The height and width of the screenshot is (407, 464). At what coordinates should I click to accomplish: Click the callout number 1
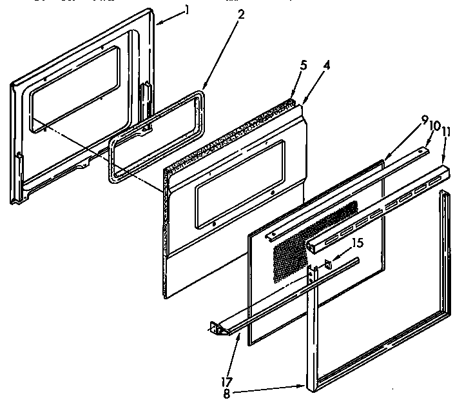187,10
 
